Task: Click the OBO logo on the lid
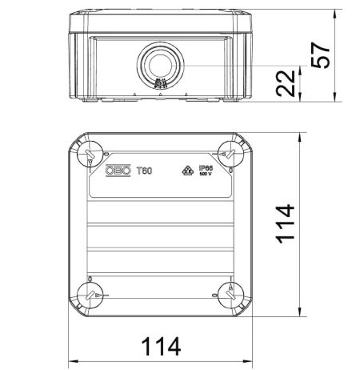point(119,170)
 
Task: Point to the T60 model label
point(144,170)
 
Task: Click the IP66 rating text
point(205,167)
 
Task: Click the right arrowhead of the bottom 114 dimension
point(245,359)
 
